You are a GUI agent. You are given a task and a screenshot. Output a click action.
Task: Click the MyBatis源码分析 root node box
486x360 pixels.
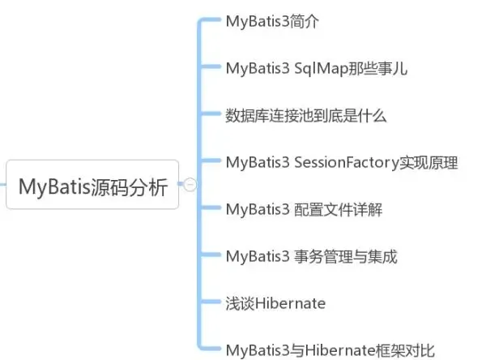point(92,186)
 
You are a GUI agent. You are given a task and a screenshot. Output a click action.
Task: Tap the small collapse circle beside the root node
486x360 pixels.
point(190,185)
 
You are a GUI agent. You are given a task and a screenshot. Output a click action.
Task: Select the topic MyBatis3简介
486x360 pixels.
point(272,22)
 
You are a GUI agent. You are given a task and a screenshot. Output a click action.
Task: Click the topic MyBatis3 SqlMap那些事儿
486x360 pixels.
point(316,68)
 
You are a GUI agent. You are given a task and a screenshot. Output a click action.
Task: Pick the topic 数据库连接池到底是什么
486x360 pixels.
point(306,115)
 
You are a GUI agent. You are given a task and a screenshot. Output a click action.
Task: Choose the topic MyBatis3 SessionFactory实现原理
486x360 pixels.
point(342,162)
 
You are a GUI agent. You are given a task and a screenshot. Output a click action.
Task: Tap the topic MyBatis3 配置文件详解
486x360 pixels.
point(304,209)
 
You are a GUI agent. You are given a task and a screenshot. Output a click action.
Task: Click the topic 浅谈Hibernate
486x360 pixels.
point(275,303)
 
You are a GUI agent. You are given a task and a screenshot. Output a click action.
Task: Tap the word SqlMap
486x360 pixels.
point(319,69)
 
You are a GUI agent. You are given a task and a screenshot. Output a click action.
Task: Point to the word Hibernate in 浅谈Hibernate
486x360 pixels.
point(290,303)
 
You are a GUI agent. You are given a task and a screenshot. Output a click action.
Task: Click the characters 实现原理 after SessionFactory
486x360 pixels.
point(428,162)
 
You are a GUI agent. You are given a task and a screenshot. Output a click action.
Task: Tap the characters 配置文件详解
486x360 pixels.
point(339,209)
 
